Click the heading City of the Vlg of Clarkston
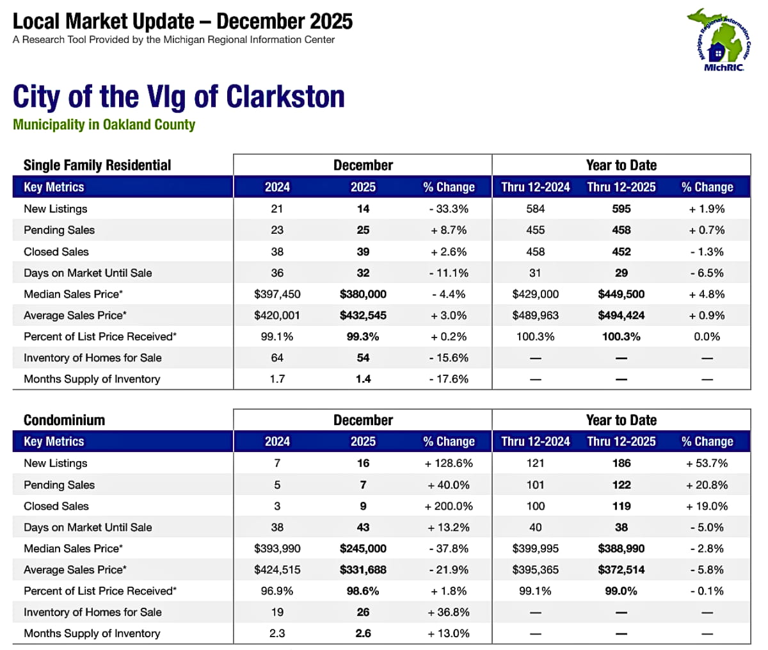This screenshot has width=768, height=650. [x=179, y=97]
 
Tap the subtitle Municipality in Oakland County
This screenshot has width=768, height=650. [x=104, y=124]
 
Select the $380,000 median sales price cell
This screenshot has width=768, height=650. [x=363, y=294]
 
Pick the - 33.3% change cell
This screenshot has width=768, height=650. [x=449, y=209]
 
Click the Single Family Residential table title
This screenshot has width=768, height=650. [x=97, y=165]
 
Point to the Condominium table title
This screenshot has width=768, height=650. [x=64, y=420]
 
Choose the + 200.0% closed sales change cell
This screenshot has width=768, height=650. [x=449, y=506]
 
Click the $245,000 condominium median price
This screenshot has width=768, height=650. [x=363, y=548]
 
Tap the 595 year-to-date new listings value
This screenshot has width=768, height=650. [x=621, y=209]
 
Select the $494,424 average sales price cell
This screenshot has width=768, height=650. [x=621, y=315]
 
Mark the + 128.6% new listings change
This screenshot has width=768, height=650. [x=449, y=463]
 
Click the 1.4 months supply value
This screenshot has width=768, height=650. [x=363, y=379]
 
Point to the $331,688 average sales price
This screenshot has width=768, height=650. [x=363, y=569]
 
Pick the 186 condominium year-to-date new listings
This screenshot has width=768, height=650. [x=621, y=463]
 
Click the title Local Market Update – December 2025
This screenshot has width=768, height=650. [x=182, y=22]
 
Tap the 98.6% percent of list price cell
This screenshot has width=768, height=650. [x=363, y=590]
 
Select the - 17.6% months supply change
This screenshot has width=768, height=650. [x=449, y=379]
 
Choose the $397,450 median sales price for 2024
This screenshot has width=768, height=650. [x=277, y=294]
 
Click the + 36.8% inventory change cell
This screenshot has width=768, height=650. [x=449, y=612]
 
